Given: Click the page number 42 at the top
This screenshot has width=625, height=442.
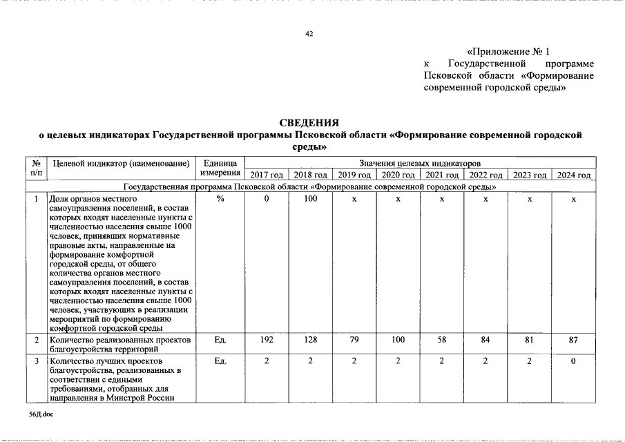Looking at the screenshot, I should [309, 34].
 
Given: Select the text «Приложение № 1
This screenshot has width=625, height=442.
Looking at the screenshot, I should [508, 52].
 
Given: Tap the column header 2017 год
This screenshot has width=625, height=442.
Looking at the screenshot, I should [267, 175].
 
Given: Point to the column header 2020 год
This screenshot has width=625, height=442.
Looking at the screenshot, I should [398, 175].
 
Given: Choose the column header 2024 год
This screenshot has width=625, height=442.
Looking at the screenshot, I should [574, 175].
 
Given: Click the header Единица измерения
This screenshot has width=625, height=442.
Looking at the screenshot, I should [220, 168].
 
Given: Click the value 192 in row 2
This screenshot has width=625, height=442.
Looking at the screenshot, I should [267, 340].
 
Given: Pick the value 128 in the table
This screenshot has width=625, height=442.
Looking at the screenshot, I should [310, 340].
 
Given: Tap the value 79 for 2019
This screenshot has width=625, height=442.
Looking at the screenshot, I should [354, 340].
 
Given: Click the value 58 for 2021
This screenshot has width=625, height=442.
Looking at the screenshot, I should [441, 340].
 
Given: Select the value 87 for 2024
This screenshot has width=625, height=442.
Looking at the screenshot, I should [574, 340].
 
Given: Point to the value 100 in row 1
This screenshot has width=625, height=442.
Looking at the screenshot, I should [310, 199].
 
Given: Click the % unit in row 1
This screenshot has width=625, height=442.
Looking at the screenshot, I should [220, 199].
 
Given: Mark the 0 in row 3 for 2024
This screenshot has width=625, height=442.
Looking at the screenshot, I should [574, 361].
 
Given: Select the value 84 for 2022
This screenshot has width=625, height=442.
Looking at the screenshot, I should [485, 340].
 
